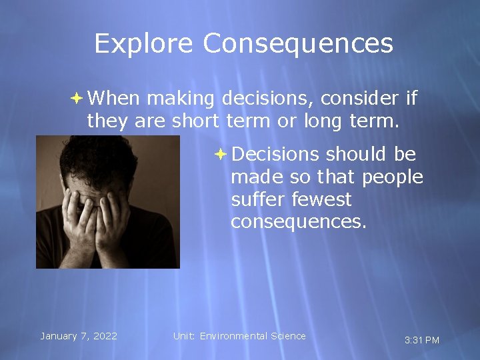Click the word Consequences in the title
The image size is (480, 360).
(298, 44)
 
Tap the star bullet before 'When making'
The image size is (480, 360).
(77, 99)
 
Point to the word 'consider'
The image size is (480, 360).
(360, 99)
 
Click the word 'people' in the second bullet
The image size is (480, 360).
(393, 177)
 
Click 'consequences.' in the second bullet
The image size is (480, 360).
(299, 221)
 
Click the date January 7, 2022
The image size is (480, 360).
(79, 336)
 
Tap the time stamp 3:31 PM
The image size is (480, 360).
(422, 340)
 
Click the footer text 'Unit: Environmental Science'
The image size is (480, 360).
(239, 336)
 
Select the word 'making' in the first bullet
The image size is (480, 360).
(180, 99)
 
